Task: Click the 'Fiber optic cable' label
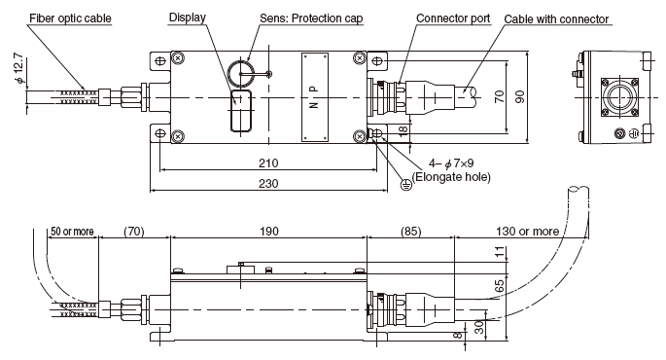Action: pos(70,18)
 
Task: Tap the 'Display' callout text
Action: pos(188,18)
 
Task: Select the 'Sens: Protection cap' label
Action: pos(311,18)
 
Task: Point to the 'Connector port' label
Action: pos(453,18)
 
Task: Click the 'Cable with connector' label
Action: pos(556,19)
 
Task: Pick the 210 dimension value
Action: pos(268,162)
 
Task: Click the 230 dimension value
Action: pos(268,183)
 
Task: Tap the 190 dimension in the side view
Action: pos(269,232)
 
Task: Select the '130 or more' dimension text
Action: pos(527,232)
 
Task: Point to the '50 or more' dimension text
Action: pos(72,232)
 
